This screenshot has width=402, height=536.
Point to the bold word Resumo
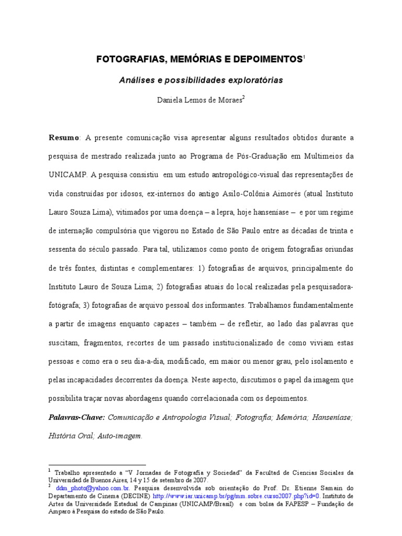tap(63, 137)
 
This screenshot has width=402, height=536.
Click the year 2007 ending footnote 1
tap(200, 480)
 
